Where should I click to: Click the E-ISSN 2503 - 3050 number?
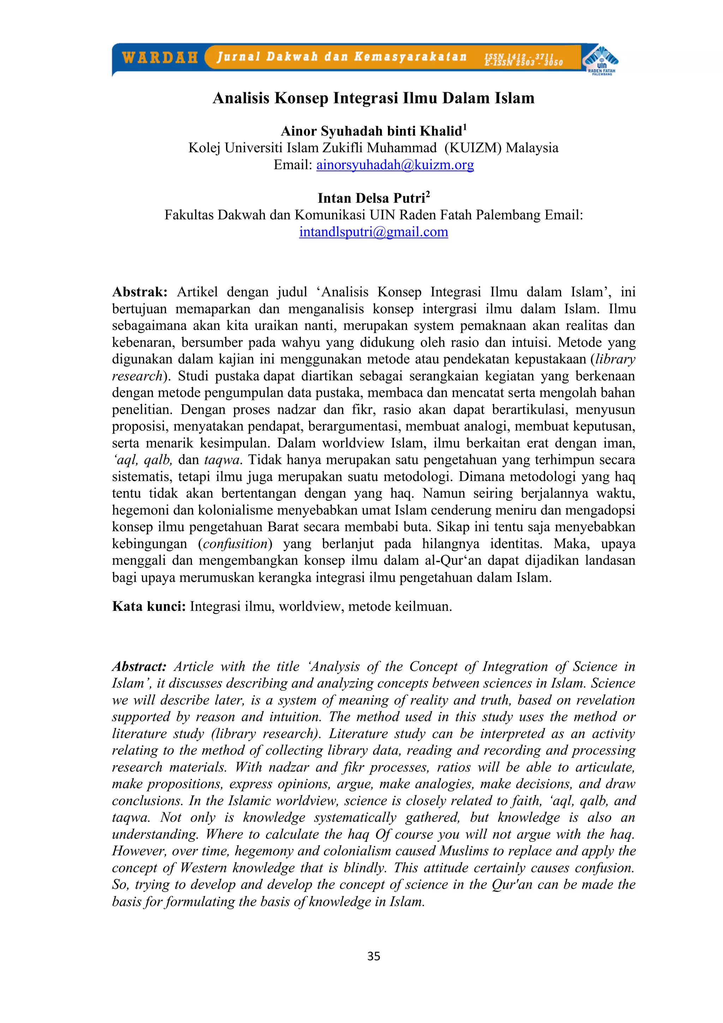click(x=524, y=63)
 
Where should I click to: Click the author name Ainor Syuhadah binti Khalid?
click(x=371, y=131)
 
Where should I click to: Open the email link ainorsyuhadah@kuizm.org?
click(x=395, y=165)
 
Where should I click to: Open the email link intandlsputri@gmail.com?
click(x=373, y=232)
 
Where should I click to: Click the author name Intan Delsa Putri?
click(x=371, y=198)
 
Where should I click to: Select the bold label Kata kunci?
click(x=149, y=606)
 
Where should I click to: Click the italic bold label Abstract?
click(x=139, y=667)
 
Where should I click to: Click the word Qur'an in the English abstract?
click(x=512, y=885)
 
